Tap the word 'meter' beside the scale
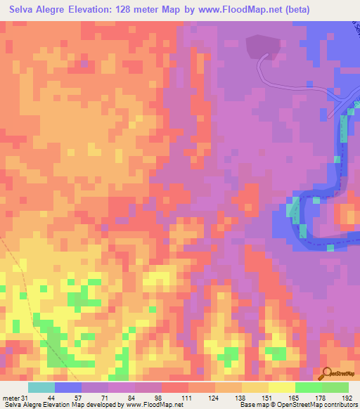point(11,398)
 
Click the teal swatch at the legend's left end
point(41,387)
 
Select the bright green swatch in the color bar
point(309,387)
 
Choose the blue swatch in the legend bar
point(68,387)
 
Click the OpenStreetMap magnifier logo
point(326,375)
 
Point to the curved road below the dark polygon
point(262,70)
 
